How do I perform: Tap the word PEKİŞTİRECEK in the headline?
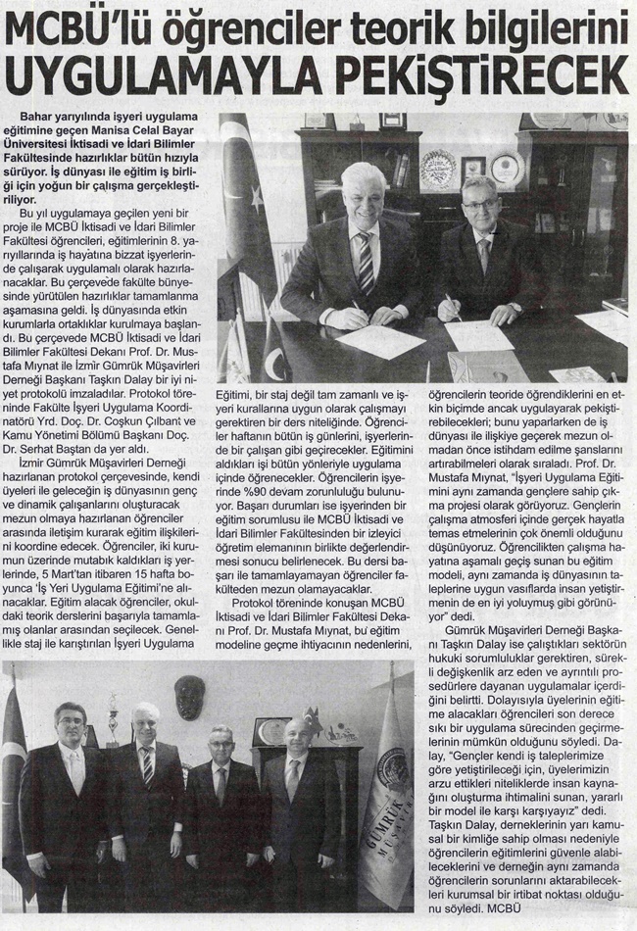pos(481,74)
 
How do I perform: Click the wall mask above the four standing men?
pos(188,697)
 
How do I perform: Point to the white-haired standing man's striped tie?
pos(148,763)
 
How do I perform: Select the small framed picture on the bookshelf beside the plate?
pos(475,165)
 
